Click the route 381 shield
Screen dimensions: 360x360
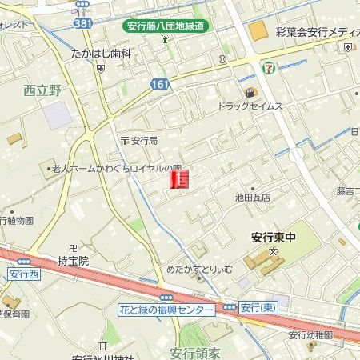82,24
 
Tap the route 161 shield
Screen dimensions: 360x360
158,82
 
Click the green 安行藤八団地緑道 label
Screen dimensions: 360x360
166,26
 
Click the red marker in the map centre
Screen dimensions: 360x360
180,180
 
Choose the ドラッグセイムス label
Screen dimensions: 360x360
250,106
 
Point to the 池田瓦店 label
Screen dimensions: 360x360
253,197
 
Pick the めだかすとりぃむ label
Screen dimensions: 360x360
199,270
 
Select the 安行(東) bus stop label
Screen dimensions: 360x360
258,308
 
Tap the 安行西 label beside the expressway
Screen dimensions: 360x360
23,274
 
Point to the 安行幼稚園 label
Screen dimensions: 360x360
314,334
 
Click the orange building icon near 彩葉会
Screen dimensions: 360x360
257,31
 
